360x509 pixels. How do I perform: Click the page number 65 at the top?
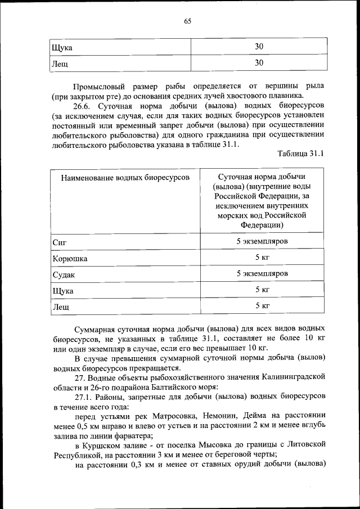[187, 21]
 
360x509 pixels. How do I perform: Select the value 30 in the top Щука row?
[259, 47]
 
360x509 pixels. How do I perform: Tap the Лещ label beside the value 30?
[60, 64]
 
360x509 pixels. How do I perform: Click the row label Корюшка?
[70, 259]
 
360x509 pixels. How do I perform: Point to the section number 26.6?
[84, 105]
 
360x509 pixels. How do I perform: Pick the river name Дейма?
[254, 416]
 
